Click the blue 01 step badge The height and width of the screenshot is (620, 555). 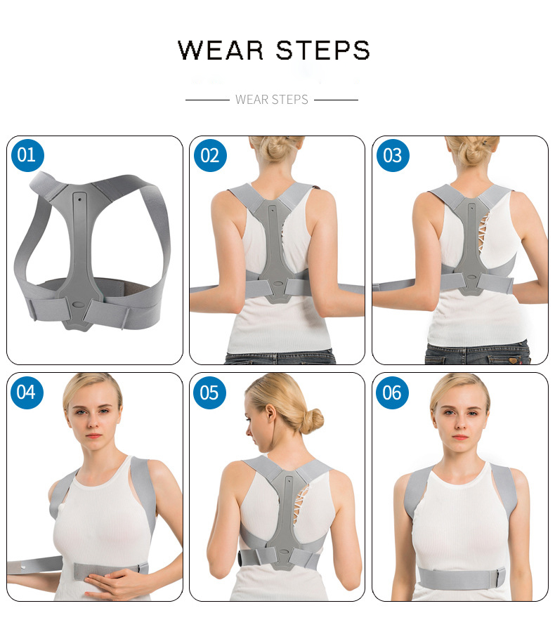[x=27, y=155]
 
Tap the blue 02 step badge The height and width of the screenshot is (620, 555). [x=210, y=155]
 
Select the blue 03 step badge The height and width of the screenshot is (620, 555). [x=393, y=155]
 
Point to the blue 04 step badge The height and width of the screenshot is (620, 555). [x=27, y=393]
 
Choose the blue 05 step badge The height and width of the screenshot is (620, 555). [x=209, y=393]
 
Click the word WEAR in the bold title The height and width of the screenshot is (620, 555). [x=221, y=51]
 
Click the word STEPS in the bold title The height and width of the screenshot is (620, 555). [x=322, y=51]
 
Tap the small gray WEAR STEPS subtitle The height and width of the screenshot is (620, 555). [x=272, y=100]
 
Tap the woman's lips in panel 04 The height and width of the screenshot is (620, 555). [x=93, y=436]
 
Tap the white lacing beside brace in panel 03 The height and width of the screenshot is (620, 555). [x=483, y=233]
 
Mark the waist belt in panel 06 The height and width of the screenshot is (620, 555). [x=462, y=578]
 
